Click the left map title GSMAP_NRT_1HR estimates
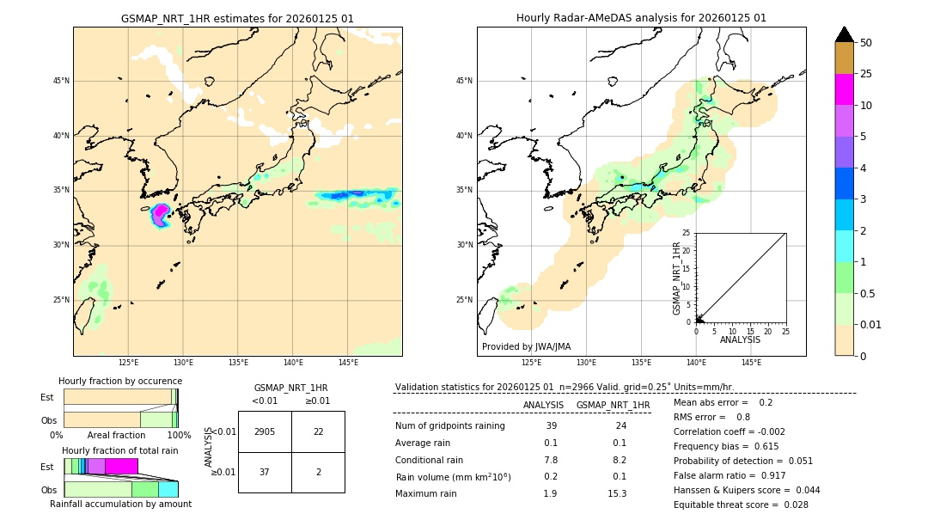coord(237,18)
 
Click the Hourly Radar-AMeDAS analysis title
coord(641,18)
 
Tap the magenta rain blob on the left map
coord(161,213)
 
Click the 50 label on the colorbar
coord(867,42)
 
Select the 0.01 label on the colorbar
coord(872,324)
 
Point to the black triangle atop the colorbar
coord(845,34)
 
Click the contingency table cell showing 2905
coord(265,431)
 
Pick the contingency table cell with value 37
coord(265,472)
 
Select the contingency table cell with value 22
coord(318,431)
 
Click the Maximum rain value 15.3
coord(617,493)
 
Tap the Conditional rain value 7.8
coord(551,460)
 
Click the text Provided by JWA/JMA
coord(526,346)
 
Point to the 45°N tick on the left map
coord(61,81)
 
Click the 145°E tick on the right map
coord(751,363)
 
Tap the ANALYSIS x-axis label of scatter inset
coord(740,339)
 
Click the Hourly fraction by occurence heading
coord(120,381)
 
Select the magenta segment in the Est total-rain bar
coord(121,466)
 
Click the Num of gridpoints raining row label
coord(449,426)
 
